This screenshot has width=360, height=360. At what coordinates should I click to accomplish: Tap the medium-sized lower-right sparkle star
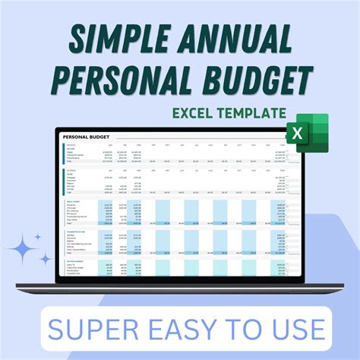(x=46, y=260)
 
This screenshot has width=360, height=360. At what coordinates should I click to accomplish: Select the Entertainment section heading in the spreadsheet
(x=74, y=261)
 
